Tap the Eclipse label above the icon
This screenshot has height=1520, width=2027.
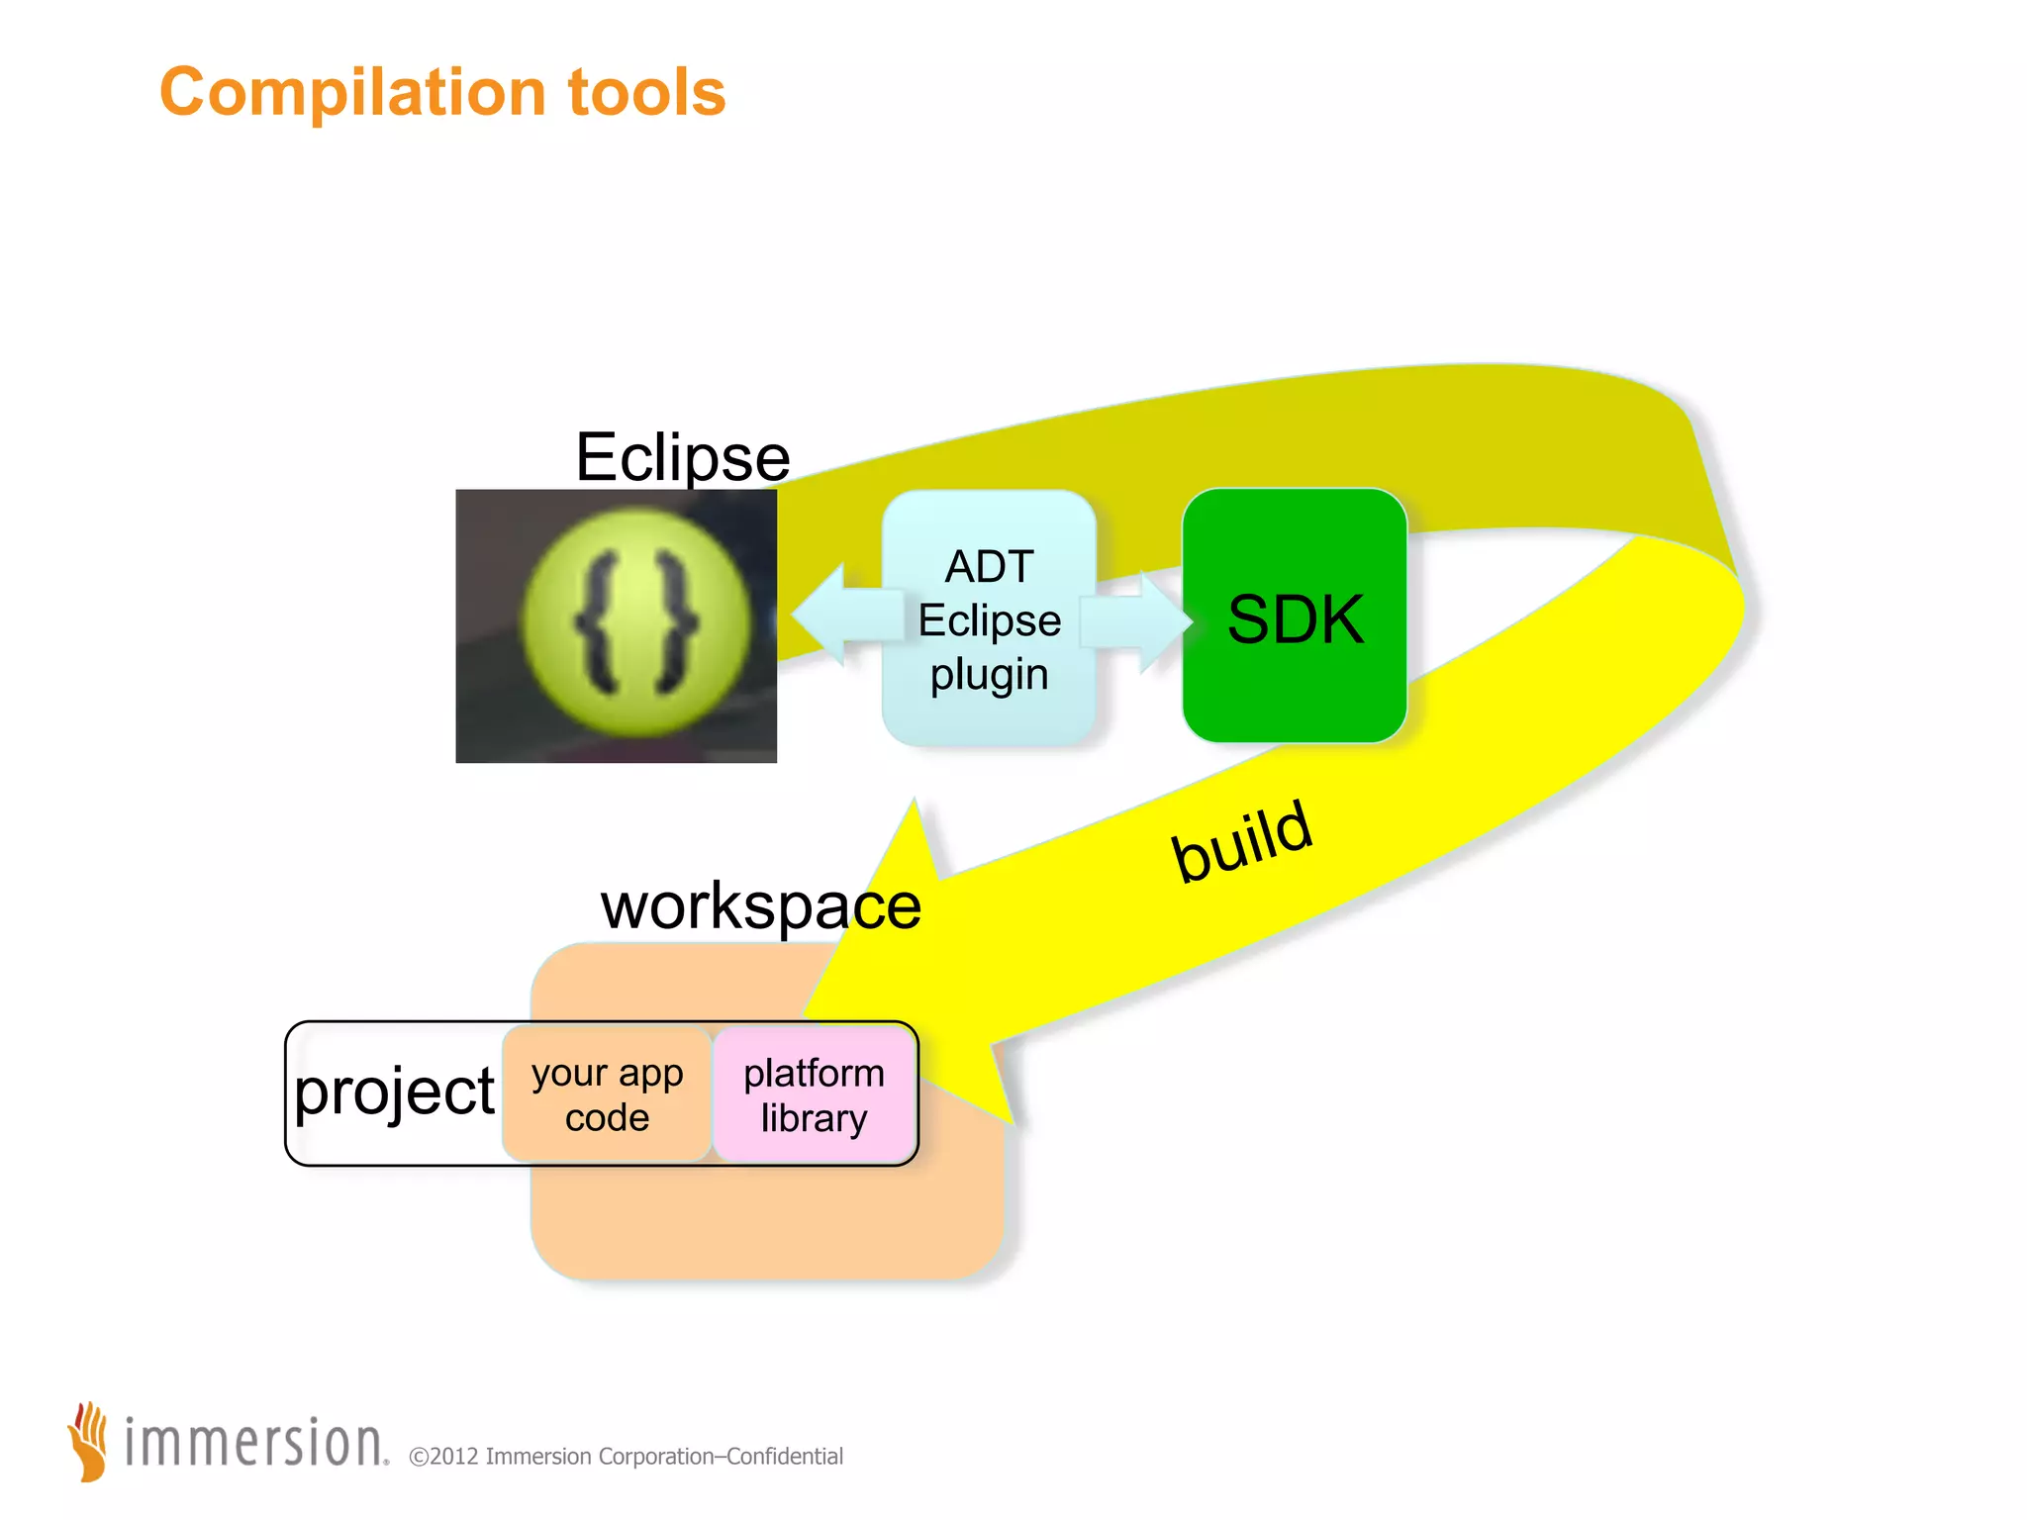click(x=682, y=457)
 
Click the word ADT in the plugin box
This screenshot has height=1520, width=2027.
click(x=989, y=567)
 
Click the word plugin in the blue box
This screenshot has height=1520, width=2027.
click(x=989, y=675)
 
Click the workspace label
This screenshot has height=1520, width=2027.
click(x=760, y=904)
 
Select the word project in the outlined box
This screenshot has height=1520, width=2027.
click(x=394, y=1092)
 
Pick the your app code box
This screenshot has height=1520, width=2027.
click(x=607, y=1094)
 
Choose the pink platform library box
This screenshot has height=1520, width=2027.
click(x=814, y=1094)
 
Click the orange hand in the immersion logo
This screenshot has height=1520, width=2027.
click(x=89, y=1441)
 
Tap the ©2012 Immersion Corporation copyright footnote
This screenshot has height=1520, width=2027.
click(x=626, y=1456)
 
